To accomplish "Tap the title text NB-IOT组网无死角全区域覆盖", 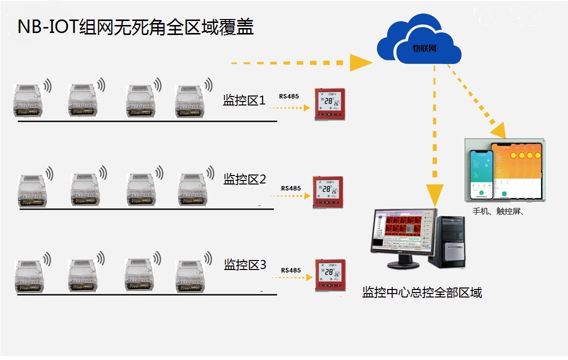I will tap(135, 27).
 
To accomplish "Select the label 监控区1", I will tap(244, 100).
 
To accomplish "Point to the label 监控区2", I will tap(244, 178).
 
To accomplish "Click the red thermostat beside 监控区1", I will tap(330, 104).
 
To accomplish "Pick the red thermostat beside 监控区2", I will tap(328, 191).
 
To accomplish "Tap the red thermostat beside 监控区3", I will tap(330, 275).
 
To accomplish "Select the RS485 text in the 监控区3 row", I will tap(291, 270).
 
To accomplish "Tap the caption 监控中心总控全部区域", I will tap(422, 292).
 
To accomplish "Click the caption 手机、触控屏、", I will tap(498, 211).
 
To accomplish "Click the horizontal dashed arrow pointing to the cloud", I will tap(300, 63).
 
